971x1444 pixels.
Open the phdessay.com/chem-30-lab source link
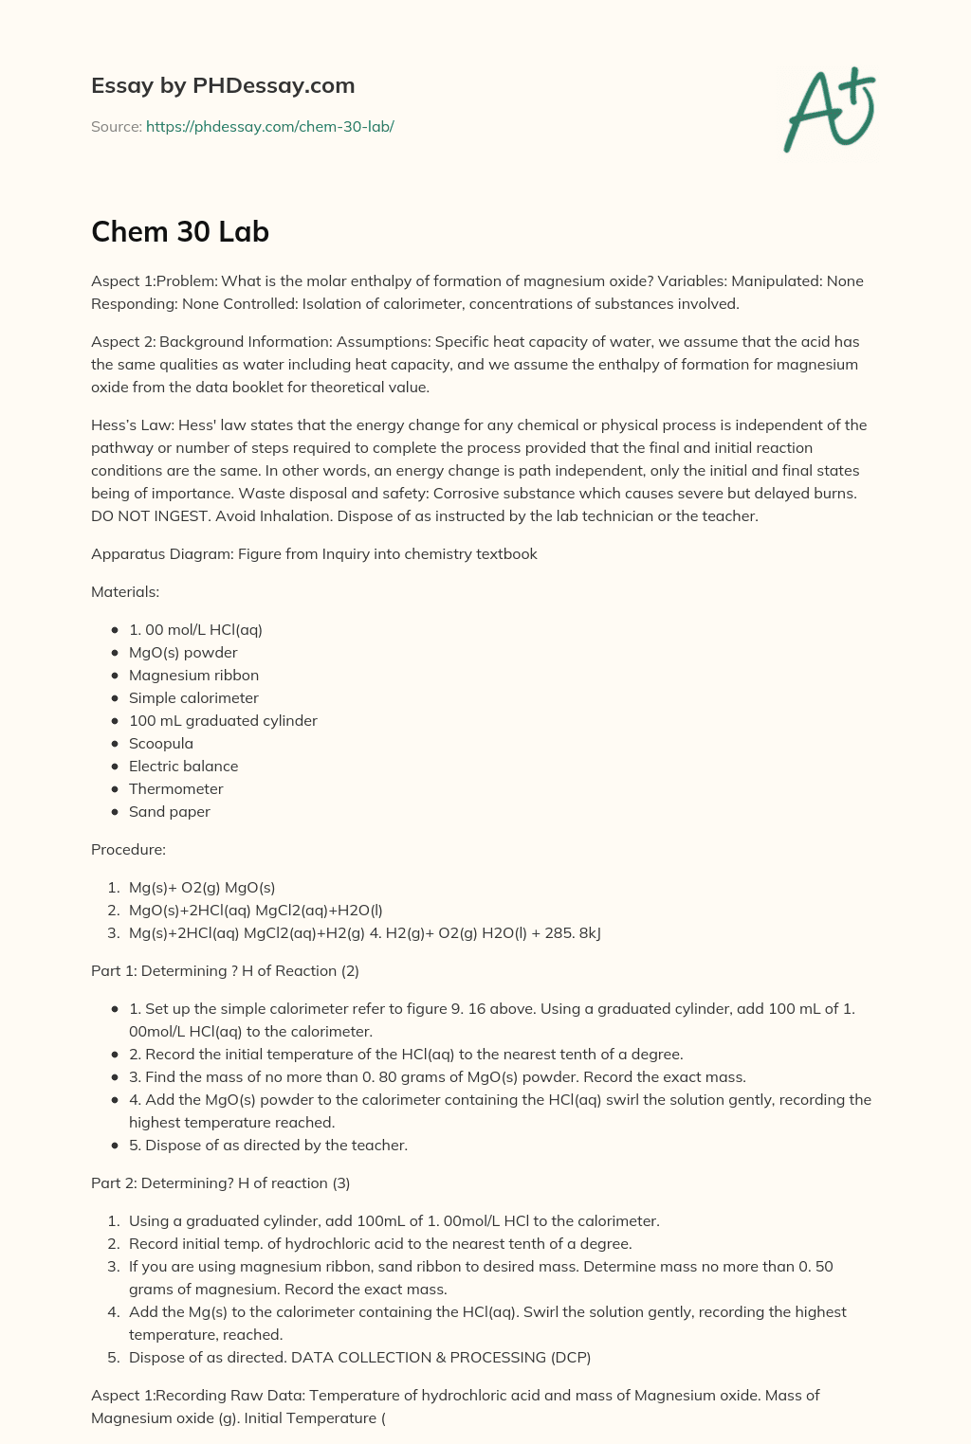click(269, 126)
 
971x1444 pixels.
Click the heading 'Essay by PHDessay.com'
click(223, 85)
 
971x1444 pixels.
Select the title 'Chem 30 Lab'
click(180, 231)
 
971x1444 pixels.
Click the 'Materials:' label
click(125, 591)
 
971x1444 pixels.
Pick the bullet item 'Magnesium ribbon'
click(193, 675)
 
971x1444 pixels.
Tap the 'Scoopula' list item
click(160, 743)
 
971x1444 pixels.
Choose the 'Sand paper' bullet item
click(169, 811)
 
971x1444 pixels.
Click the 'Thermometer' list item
click(175, 788)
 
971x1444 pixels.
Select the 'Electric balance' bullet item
click(183, 766)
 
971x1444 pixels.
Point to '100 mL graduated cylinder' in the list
click(223, 720)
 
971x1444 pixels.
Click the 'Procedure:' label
click(128, 849)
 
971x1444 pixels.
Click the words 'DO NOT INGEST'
click(145, 515)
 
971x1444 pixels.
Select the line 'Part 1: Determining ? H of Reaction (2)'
click(225, 970)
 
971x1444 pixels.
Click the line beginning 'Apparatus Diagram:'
click(314, 553)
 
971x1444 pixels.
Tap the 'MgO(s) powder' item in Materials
click(183, 652)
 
